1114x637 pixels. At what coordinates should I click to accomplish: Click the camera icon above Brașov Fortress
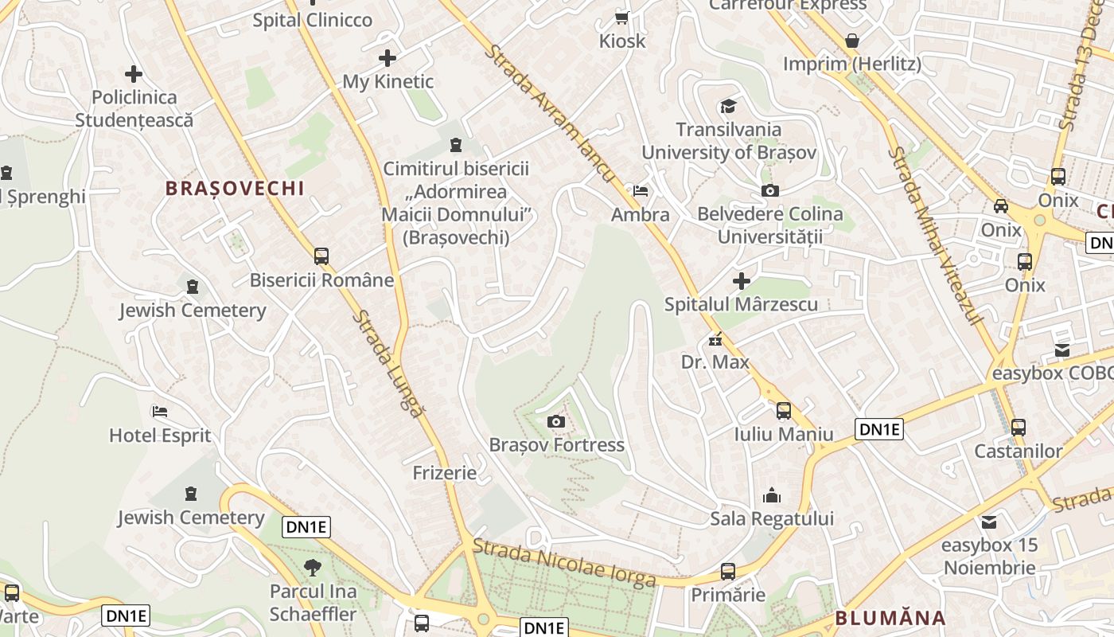[556, 421]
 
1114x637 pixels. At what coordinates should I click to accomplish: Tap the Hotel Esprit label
[160, 436]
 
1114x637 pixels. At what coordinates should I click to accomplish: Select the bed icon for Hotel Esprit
[160, 412]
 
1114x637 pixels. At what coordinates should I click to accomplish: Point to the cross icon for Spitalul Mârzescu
[742, 280]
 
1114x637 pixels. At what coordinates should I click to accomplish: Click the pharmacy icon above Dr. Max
[715, 339]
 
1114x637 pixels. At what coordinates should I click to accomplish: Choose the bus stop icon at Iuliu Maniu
[784, 410]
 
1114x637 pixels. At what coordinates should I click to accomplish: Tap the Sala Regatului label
[772, 519]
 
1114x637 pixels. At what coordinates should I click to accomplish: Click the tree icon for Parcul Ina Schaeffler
[313, 568]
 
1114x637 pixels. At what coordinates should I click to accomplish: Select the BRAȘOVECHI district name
[235, 188]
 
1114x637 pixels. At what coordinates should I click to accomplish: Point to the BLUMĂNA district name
[890, 618]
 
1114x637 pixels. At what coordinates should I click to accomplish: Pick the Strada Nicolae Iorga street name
[565, 561]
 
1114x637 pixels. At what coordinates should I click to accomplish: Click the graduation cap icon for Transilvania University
[728, 107]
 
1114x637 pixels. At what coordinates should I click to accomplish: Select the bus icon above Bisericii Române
[321, 256]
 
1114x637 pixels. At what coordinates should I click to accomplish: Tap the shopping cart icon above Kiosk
[622, 18]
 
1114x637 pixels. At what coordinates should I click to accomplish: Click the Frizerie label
[445, 473]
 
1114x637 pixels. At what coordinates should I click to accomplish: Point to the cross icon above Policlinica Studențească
[134, 75]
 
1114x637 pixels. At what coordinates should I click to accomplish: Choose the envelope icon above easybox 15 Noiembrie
[989, 522]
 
